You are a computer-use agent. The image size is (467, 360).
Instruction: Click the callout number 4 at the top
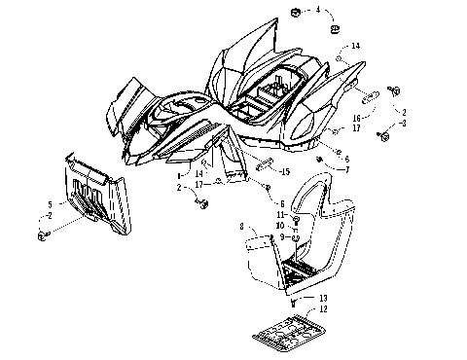click(x=316, y=9)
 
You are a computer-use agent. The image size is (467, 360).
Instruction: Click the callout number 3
click(x=404, y=124)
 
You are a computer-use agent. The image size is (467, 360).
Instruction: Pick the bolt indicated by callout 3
click(x=383, y=137)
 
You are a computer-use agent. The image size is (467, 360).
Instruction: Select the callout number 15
click(x=286, y=172)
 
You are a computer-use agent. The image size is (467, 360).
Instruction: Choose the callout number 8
click(x=241, y=227)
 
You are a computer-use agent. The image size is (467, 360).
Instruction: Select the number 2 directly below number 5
click(x=49, y=214)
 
